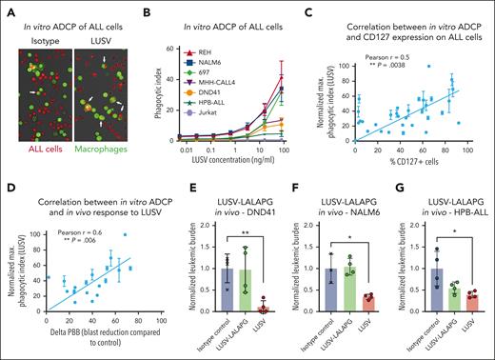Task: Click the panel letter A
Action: tap(7, 9)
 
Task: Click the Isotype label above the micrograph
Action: tap(34, 34)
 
